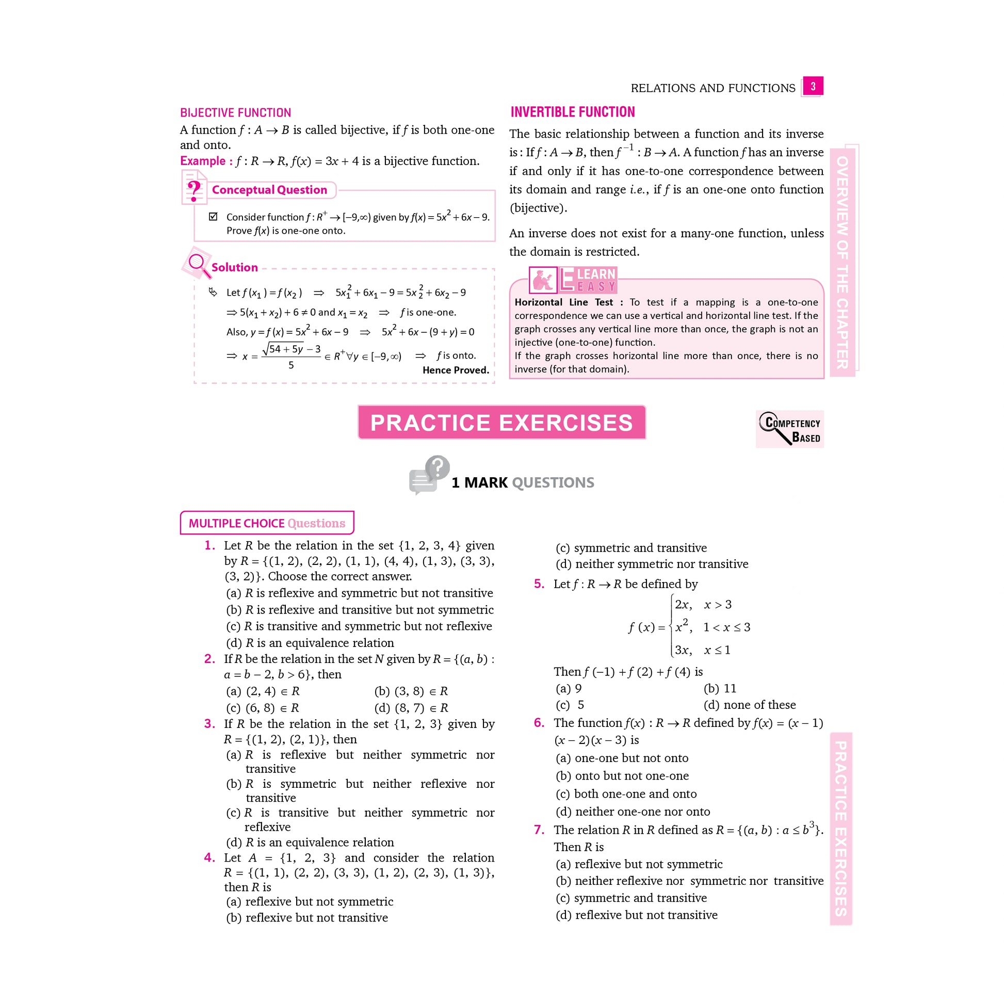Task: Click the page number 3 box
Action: click(x=812, y=86)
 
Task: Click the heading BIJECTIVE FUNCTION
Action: click(x=235, y=113)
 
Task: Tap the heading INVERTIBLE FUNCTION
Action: click(x=572, y=112)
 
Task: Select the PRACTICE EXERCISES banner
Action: click(x=501, y=423)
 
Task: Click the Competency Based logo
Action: click(x=790, y=429)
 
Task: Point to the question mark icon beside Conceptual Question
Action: click(x=194, y=190)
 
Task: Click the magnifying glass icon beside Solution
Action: click(x=197, y=264)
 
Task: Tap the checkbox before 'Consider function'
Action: click(x=213, y=217)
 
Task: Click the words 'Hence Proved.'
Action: click(x=456, y=370)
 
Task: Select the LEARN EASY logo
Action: click(x=573, y=280)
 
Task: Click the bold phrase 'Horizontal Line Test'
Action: click(x=563, y=302)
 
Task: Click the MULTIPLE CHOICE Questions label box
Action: click(x=267, y=523)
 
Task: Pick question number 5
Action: click(x=539, y=584)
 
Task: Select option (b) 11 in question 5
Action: click(x=720, y=689)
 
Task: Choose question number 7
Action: click(x=539, y=830)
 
